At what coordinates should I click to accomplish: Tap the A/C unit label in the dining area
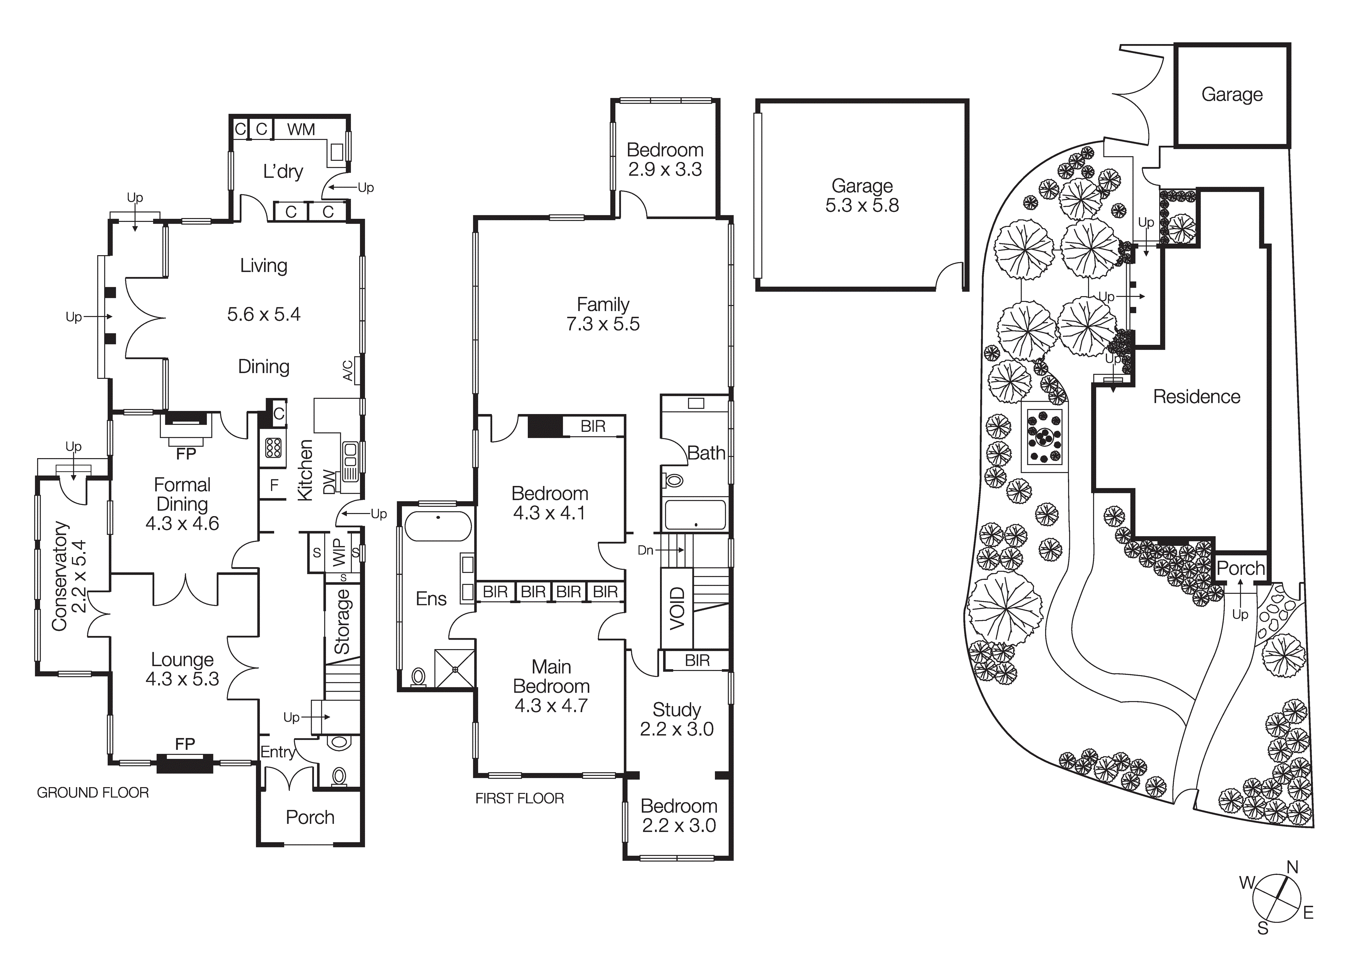[348, 371]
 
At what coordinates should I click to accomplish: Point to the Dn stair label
[645, 551]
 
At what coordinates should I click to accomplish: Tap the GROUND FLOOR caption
[93, 793]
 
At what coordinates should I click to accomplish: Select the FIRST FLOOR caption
[520, 799]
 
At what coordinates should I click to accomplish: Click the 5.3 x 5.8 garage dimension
[862, 206]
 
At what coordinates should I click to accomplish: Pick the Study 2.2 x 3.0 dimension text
[677, 730]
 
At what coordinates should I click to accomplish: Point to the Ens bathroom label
[431, 599]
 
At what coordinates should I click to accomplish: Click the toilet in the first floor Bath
[673, 481]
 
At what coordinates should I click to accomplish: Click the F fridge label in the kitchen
[274, 486]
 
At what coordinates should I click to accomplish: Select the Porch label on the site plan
[1240, 569]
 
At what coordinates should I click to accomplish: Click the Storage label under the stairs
[342, 621]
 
